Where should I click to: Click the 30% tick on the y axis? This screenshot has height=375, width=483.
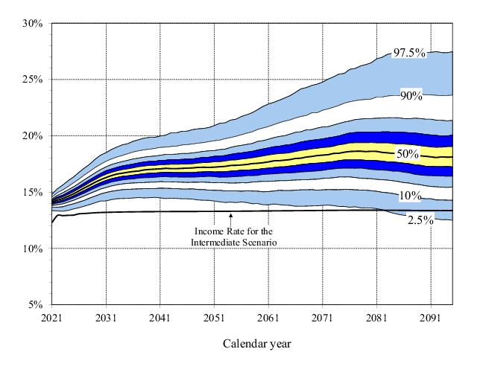point(35,23)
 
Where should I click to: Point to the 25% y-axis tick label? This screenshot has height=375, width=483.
point(35,80)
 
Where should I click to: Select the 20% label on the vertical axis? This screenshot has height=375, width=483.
point(35,136)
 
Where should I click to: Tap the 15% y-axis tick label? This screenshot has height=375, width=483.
point(35,192)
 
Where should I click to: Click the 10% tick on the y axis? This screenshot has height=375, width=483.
point(35,249)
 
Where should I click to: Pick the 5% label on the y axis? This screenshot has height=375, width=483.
point(37,305)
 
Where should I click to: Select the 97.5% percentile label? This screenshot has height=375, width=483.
point(409,53)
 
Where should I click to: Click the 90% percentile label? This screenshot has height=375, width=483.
point(411,96)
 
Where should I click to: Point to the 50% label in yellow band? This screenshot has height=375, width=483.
point(408,154)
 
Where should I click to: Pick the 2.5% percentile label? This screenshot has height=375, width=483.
point(420,220)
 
